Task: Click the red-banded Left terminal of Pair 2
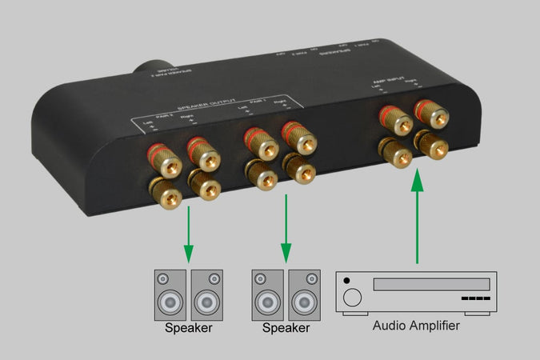click(x=166, y=161)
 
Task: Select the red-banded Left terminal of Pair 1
click(x=261, y=142)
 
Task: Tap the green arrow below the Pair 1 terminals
click(x=286, y=233)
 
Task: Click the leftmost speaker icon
click(x=171, y=295)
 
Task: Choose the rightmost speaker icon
click(x=304, y=295)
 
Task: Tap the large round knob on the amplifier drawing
click(x=352, y=299)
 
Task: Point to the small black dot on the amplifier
click(x=346, y=281)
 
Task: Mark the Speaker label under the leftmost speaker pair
click(x=189, y=328)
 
